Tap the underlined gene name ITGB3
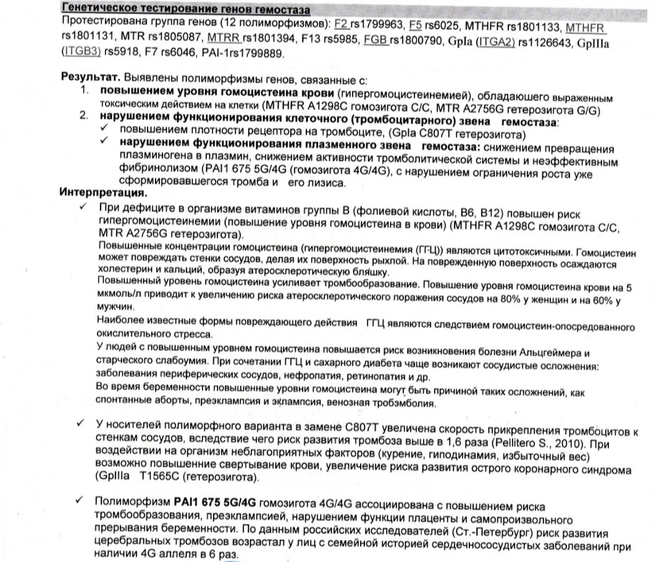pos(82,53)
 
